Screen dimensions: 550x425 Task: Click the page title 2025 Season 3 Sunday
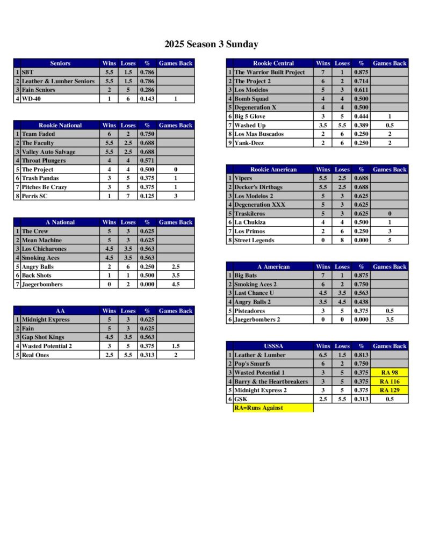[x=211, y=45]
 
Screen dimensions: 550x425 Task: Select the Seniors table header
[x=60, y=63]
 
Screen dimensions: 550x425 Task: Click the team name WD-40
[x=32, y=99]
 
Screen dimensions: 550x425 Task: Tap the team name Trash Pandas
[x=40, y=178]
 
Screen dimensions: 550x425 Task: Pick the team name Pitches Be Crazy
[x=45, y=187]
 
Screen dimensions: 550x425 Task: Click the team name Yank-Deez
[x=249, y=143]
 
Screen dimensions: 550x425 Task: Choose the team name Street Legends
[x=254, y=240]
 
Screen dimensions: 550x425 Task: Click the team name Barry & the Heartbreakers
[x=271, y=381]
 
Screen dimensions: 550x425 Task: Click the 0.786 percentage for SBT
[x=147, y=73]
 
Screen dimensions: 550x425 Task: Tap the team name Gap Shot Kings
[x=44, y=337]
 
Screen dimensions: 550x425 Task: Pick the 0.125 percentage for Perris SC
[x=147, y=196]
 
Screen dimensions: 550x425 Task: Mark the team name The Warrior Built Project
[x=269, y=73]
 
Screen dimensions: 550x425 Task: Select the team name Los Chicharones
[x=45, y=249]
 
